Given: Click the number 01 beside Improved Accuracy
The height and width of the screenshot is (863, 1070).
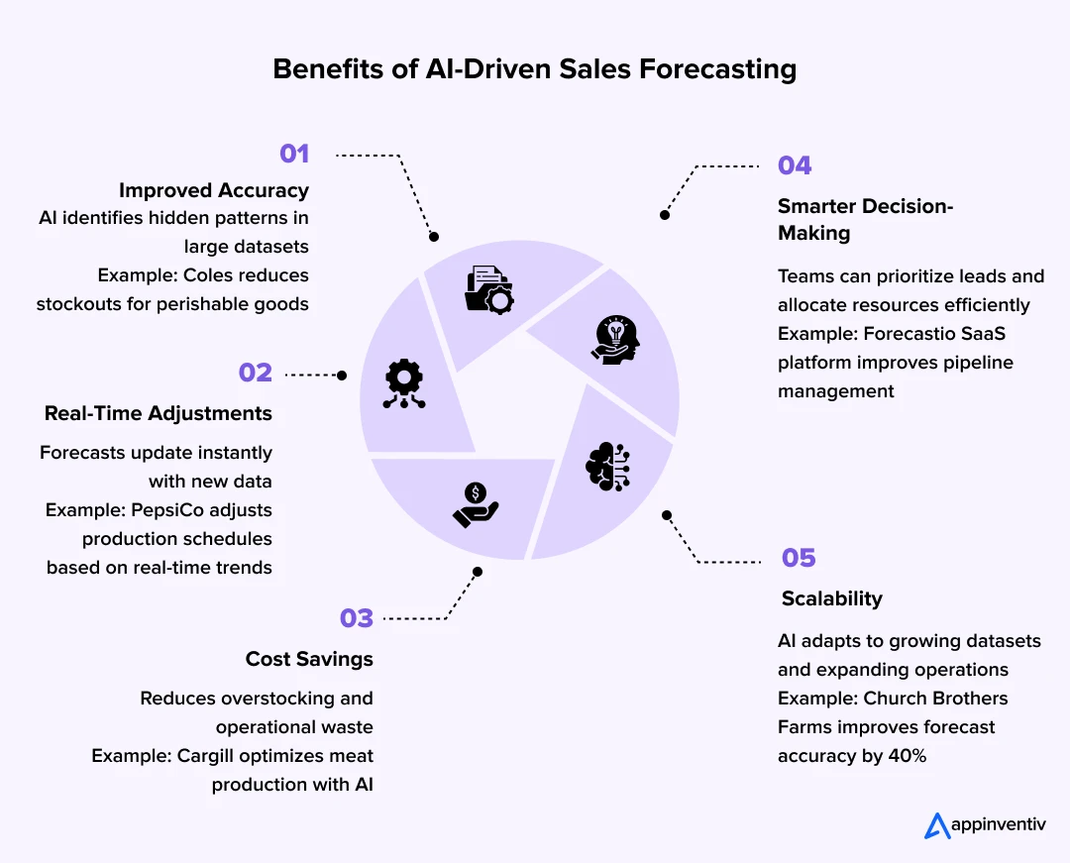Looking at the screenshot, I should click(294, 154).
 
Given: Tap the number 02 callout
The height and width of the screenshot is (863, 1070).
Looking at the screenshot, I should click(256, 373).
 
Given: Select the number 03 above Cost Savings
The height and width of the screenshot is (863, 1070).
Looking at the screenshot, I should click(357, 618).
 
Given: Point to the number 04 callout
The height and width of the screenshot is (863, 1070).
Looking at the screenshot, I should click(795, 165).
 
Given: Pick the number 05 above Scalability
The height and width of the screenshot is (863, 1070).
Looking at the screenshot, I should click(799, 558).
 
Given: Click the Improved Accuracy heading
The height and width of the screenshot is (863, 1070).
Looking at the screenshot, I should click(214, 190).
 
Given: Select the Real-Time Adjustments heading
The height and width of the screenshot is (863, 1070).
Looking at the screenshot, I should click(159, 413).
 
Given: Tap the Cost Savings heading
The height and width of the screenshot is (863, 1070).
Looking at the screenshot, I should click(309, 659).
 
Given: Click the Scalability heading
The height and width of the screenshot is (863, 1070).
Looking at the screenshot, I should click(830, 598).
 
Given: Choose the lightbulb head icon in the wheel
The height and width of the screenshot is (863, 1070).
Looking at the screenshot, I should click(614, 340).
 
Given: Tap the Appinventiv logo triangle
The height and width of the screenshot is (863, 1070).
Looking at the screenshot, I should click(937, 825).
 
